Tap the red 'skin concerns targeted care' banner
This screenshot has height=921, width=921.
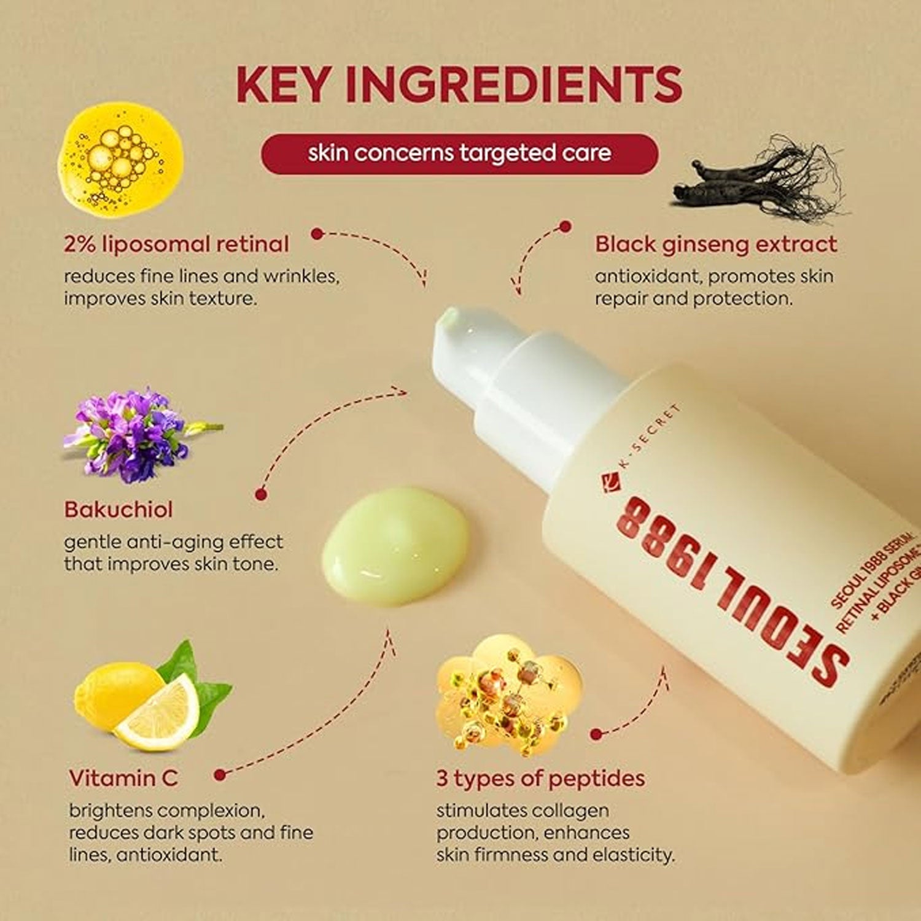459,153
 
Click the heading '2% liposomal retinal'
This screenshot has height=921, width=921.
176,244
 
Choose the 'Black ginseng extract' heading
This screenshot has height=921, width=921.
715,244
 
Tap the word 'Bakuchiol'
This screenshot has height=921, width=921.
119,510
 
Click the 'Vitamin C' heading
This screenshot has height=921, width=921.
123,779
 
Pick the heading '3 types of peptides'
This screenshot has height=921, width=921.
540,779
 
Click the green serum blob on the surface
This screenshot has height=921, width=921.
395,546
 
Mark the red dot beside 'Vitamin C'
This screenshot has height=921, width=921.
220,775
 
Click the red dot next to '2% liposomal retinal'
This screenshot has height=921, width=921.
317,234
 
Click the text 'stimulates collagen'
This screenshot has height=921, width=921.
523,810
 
